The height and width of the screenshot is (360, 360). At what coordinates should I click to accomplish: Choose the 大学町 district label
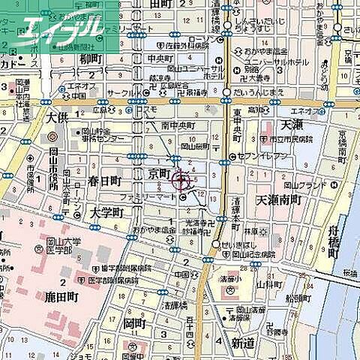click(x=105, y=214)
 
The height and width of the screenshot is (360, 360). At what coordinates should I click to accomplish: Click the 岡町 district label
click(x=133, y=323)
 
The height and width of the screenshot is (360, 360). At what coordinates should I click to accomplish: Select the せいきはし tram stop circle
click(x=216, y=244)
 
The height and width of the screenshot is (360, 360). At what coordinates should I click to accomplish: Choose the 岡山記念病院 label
click(x=252, y=252)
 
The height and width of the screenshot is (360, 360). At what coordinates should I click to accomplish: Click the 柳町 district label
click(x=89, y=58)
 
